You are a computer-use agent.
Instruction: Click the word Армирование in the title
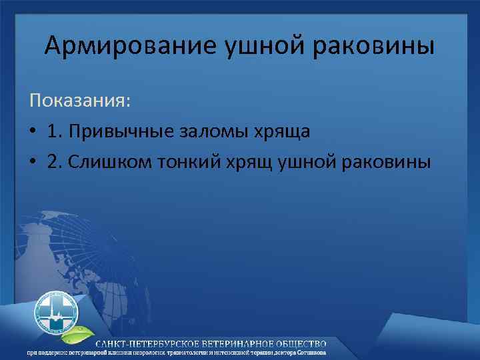[127, 47]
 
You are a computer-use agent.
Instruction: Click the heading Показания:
[80, 101]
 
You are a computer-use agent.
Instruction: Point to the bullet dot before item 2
[33, 162]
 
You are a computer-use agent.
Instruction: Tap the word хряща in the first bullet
[285, 131]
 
